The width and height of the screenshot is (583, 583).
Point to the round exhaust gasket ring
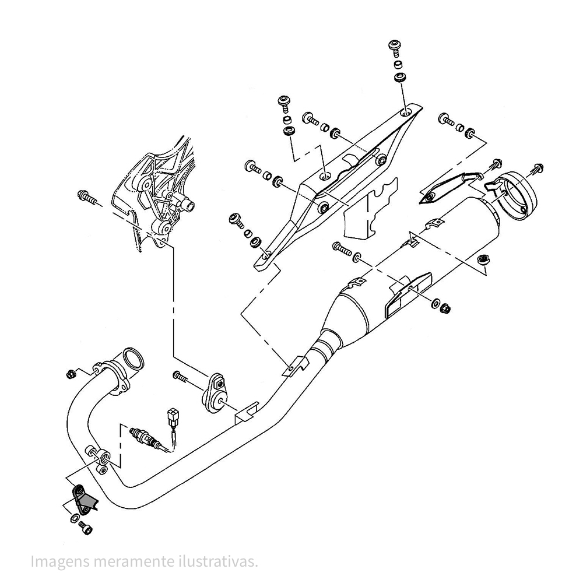click(x=133, y=359)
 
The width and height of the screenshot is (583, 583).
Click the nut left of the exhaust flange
click(x=71, y=374)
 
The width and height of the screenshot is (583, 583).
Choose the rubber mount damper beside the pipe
click(x=215, y=394)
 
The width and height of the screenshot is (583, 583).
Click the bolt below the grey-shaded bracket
click(x=86, y=528)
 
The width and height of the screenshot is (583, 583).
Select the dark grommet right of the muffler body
click(x=483, y=259)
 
